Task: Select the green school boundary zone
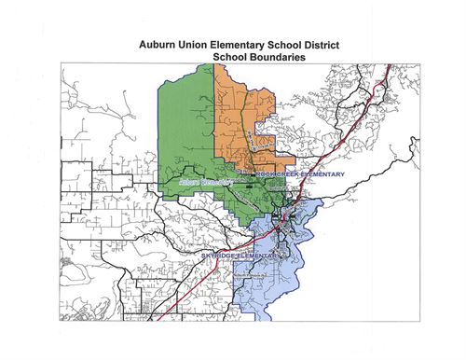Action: click(186, 131)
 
